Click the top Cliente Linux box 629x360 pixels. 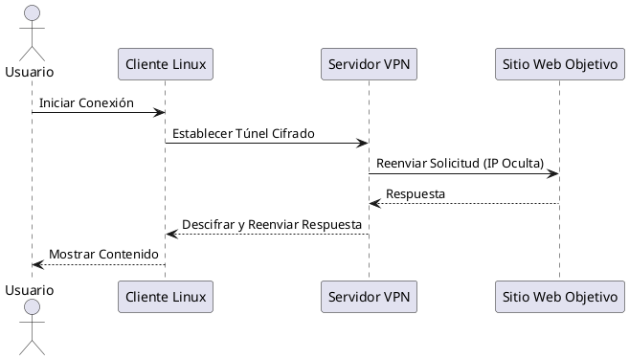[165, 64]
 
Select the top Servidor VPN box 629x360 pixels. [369, 64]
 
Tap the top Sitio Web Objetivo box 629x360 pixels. [559, 64]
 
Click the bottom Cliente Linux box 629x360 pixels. [165, 297]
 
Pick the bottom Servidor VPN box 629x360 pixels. [369, 297]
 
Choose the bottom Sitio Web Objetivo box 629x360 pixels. [559, 297]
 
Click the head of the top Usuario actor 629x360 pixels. [31, 13]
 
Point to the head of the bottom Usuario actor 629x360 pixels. [31, 306]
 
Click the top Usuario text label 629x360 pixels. [29, 72]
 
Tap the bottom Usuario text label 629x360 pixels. [29, 287]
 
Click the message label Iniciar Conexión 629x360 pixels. [86, 102]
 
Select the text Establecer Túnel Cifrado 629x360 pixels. [243, 133]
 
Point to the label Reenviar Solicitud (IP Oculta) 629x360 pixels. [461, 164]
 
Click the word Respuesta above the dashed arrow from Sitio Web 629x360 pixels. [416, 193]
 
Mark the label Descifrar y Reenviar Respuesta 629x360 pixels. [272, 224]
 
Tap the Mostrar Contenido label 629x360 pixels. [103, 254]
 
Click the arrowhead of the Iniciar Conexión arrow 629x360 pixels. [160, 113]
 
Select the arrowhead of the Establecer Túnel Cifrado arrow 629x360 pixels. [363, 144]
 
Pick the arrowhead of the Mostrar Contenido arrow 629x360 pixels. [36, 264]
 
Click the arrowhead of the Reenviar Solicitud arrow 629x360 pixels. [553, 173]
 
